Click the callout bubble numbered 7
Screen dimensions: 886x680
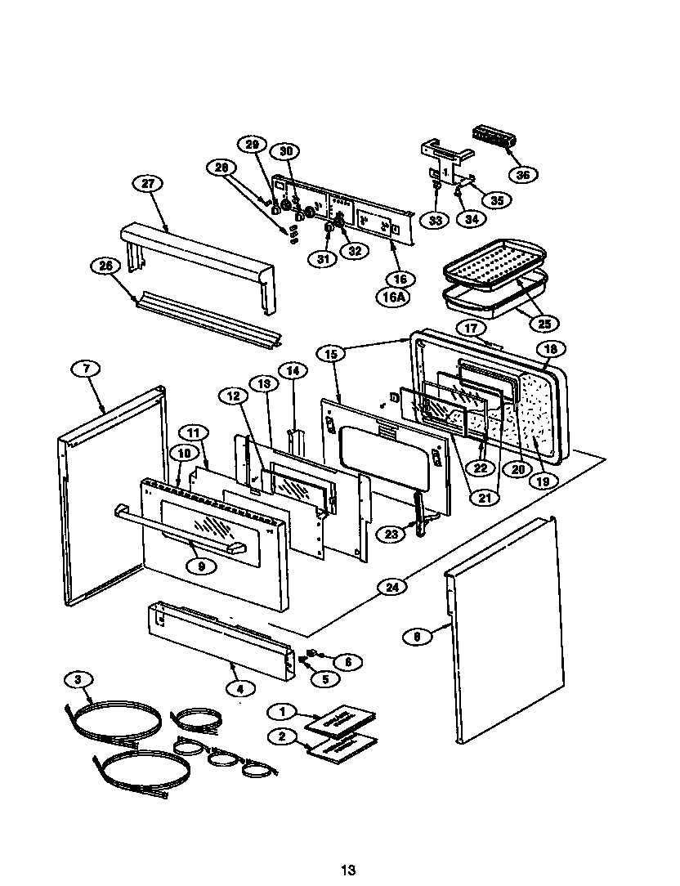tap(87, 369)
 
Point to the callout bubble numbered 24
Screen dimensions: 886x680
tap(393, 587)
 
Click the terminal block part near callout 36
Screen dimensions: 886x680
tap(494, 136)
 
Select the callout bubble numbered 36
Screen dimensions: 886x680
tap(523, 174)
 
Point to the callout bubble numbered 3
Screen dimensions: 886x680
tap(78, 679)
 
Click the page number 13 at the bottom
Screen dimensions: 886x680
tap(348, 870)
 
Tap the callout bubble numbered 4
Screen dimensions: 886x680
tap(239, 689)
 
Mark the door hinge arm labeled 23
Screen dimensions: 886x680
tap(419, 514)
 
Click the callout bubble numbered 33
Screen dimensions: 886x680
tap(436, 219)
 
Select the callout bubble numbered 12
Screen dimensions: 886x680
tap(233, 396)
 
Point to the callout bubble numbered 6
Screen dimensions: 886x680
tap(347, 662)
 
